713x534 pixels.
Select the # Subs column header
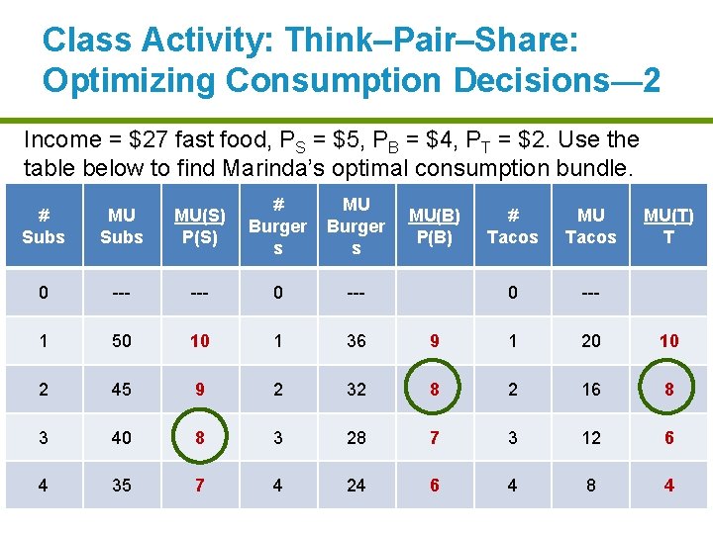click(x=43, y=225)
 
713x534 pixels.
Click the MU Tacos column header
click(x=591, y=225)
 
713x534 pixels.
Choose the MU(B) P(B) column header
click(x=434, y=225)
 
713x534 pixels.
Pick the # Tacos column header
click(x=512, y=225)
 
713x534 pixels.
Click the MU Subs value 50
click(x=122, y=340)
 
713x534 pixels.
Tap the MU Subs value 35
click(x=122, y=486)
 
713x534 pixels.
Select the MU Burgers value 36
click(x=356, y=340)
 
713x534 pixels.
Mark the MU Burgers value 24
click(x=356, y=486)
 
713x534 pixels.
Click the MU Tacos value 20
click(x=591, y=340)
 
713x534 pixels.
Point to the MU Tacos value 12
click(x=591, y=437)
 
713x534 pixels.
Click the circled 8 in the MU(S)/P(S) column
click(x=200, y=437)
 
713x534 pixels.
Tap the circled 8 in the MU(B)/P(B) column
click(x=434, y=389)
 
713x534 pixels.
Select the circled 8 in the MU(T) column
click(x=669, y=389)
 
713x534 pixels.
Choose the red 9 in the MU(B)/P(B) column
click(x=434, y=340)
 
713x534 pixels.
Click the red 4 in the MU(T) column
click(x=669, y=486)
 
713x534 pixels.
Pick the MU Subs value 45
click(x=122, y=389)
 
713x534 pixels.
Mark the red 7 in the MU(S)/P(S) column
click(x=200, y=486)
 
